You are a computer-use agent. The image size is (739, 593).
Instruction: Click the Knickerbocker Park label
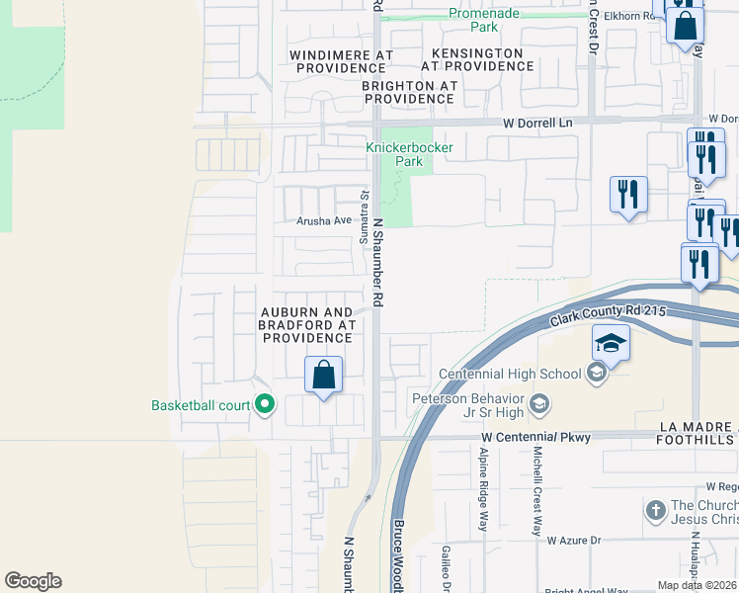pyautogui.click(x=409, y=154)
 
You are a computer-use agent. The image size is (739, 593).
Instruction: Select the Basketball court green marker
pyautogui.click(x=264, y=404)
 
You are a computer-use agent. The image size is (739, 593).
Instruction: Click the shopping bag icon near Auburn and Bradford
pyautogui.click(x=323, y=376)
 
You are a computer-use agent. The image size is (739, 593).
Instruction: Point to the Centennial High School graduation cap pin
pyautogui.click(x=611, y=347)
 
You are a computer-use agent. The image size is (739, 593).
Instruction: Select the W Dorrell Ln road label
pyautogui.click(x=537, y=123)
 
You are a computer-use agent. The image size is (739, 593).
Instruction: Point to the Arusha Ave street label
pyautogui.click(x=324, y=220)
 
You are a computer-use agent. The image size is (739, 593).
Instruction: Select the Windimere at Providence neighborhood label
pyautogui.click(x=340, y=61)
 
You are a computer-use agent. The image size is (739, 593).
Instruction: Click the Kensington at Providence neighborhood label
pyautogui.click(x=477, y=58)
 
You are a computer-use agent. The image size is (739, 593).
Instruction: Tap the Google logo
pyautogui.click(x=33, y=580)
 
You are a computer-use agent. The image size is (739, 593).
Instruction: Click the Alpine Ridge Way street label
pyautogui.click(x=484, y=489)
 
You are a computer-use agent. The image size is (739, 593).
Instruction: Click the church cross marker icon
pyautogui.click(x=654, y=511)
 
